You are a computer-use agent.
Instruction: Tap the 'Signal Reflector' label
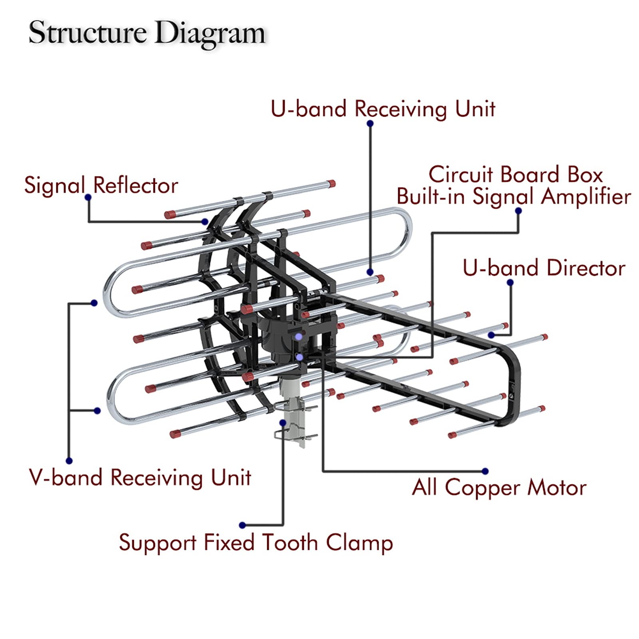point(101,185)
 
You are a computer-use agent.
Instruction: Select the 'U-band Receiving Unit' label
point(383,109)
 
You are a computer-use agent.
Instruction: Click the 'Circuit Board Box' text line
point(515,175)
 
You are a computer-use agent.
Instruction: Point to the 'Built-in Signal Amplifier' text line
point(514,196)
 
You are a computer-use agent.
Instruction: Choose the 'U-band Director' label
point(544,268)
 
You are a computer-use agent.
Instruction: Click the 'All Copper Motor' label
point(499,488)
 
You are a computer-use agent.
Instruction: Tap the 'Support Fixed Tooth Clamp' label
point(256,543)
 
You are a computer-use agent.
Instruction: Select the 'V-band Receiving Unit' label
point(140,477)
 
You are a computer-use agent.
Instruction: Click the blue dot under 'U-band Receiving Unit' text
point(370,123)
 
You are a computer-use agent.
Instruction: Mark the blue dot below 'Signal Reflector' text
point(88,197)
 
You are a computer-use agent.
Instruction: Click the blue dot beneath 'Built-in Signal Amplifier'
point(518,211)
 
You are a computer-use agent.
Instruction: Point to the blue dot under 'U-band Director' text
point(510,283)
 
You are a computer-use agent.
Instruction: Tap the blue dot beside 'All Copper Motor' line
point(485,471)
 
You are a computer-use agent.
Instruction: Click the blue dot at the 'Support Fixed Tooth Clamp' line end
point(242,525)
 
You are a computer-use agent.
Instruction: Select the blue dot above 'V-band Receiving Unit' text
point(69,461)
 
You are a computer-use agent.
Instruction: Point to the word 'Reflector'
point(135,185)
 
